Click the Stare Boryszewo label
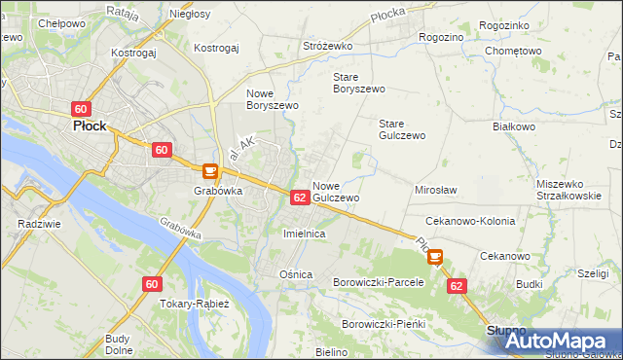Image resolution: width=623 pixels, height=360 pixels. pyautogui.click(x=359, y=82)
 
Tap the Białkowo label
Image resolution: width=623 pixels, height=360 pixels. pyautogui.click(x=515, y=126)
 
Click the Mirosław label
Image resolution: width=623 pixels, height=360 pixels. pyautogui.click(x=436, y=191)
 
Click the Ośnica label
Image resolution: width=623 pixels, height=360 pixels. pyautogui.click(x=296, y=274)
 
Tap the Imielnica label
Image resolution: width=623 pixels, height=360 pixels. pyautogui.click(x=303, y=234)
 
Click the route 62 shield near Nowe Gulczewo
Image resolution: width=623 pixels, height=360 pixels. pyautogui.click(x=300, y=198)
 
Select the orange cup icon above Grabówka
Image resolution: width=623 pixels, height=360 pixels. pyautogui.click(x=208, y=170)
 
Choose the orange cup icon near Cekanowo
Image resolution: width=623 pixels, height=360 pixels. pyautogui.click(x=434, y=258)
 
